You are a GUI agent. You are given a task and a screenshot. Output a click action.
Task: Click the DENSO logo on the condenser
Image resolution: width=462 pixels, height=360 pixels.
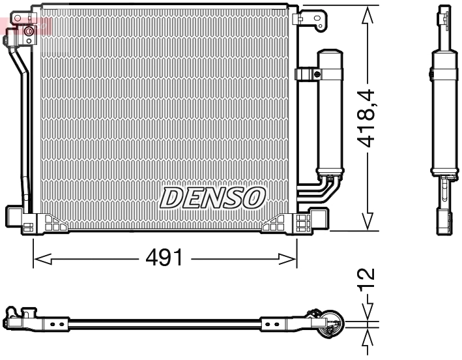213,198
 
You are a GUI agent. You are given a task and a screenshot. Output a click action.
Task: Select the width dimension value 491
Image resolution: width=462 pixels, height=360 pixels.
164,259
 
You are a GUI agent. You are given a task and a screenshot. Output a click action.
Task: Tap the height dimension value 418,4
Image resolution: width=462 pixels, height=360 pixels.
369,117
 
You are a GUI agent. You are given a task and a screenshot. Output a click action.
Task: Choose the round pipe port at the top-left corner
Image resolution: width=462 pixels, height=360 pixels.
29,31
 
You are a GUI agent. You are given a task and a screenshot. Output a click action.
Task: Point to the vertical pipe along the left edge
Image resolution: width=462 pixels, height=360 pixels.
25,130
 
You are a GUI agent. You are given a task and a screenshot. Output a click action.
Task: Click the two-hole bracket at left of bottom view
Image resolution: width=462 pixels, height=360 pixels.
56,323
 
